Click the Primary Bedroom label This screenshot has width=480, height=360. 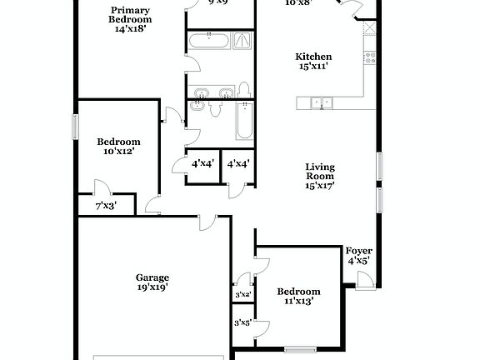coord(131,14)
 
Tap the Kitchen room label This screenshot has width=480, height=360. coord(313,57)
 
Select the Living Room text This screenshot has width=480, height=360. coord(319,171)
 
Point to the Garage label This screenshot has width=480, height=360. coord(152,277)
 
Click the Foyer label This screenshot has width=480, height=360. coord(359,251)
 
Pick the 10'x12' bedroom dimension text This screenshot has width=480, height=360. coord(117,152)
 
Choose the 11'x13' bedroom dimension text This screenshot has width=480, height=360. coord(298,302)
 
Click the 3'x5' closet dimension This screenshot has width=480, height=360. coord(242,322)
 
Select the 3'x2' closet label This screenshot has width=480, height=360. coord(242,295)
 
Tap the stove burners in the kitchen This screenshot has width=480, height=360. coord(370,57)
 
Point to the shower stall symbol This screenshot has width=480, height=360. coord(242,40)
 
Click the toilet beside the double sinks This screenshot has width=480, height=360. coord(244,89)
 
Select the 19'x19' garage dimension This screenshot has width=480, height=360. coord(152,287)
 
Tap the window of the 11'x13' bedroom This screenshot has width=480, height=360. coord(297,348)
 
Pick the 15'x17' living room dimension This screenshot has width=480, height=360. coord(319,187)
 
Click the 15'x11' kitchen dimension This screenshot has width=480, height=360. coord(313,67)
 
